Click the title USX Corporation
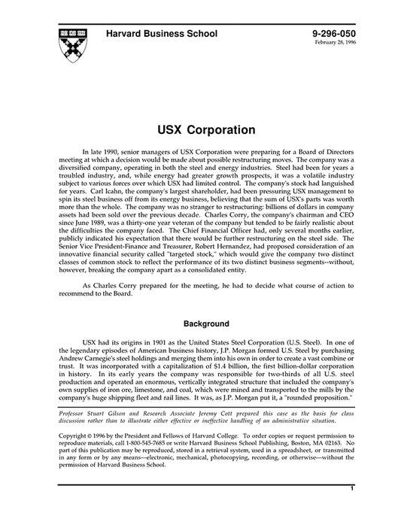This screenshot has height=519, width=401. click(200, 129)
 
